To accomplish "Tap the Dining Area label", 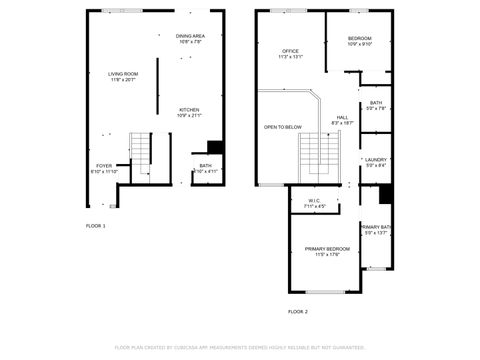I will [x=190, y=38].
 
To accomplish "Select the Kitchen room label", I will [x=189, y=110].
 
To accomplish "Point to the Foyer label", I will [x=104, y=165].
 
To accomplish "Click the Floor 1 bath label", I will [x=205, y=166].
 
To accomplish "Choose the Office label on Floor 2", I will [x=290, y=50].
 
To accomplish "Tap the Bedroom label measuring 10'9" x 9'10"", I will [x=359, y=38].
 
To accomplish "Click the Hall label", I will [x=342, y=117].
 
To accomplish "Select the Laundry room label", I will [x=376, y=159].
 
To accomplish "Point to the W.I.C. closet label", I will [x=314, y=200].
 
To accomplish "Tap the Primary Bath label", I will [x=377, y=227].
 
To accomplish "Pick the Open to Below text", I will [x=283, y=127].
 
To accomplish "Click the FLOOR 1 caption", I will [x=96, y=226].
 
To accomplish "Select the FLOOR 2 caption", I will [x=298, y=311].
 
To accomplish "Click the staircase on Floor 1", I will [x=141, y=154].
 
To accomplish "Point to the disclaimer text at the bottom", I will [x=240, y=347].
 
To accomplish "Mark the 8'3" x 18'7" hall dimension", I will [x=342, y=123].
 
